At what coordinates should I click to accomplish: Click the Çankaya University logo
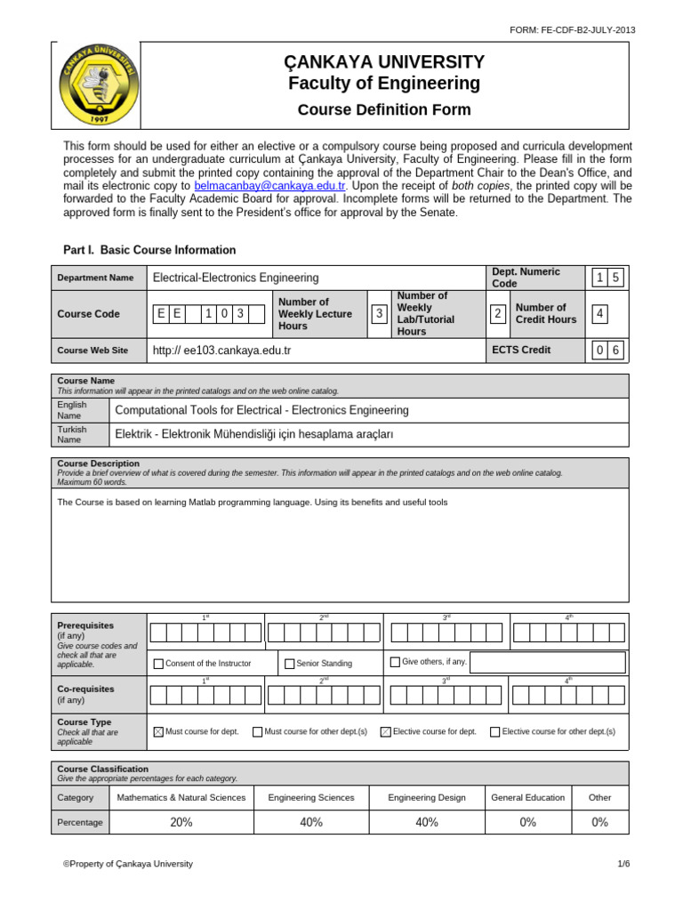[x=100, y=85]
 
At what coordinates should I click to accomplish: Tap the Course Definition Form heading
[x=384, y=110]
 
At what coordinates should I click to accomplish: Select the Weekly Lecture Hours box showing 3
[x=380, y=313]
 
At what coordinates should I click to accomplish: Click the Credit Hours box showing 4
[x=601, y=313]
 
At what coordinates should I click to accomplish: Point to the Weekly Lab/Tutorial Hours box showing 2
[x=498, y=313]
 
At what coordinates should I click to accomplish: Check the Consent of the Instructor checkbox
[x=158, y=663]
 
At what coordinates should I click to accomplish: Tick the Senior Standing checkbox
[x=289, y=663]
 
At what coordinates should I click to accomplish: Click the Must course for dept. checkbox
[x=158, y=731]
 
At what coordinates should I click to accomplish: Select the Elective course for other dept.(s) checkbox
[x=494, y=731]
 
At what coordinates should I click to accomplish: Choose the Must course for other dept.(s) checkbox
[x=257, y=731]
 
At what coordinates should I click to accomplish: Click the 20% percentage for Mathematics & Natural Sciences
[x=181, y=822]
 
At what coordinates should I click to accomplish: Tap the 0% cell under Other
[x=600, y=822]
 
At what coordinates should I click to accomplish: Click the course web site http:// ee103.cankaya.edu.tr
[x=221, y=351]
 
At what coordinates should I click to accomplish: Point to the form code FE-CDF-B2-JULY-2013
[x=572, y=29]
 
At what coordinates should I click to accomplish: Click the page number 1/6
[x=623, y=864]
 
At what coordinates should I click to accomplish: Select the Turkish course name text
[x=254, y=434]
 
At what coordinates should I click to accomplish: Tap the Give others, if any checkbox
[x=395, y=662]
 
